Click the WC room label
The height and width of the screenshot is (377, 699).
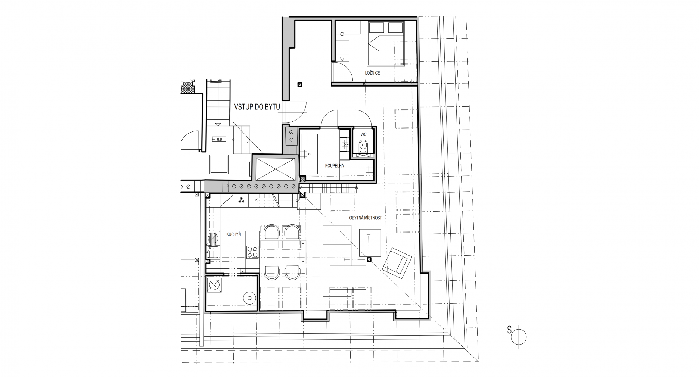tap(363, 134)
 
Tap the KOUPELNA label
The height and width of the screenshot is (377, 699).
tap(334, 166)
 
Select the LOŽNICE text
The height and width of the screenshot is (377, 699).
tap(372, 73)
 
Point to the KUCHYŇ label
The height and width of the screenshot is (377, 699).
tap(234, 234)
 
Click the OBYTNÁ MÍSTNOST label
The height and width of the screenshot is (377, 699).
tap(366, 218)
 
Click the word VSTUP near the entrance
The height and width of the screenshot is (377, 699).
tap(243, 107)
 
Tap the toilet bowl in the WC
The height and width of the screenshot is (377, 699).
tap(363, 145)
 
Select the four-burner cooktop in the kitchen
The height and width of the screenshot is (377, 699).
tap(252, 252)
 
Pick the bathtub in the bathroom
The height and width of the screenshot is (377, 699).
tap(309, 153)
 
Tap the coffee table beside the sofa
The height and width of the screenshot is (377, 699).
tap(370, 243)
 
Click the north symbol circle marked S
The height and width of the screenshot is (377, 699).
tap(519, 336)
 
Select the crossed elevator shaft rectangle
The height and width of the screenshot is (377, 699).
tap(275, 170)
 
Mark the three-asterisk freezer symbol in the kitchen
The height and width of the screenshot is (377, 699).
tap(241, 200)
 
